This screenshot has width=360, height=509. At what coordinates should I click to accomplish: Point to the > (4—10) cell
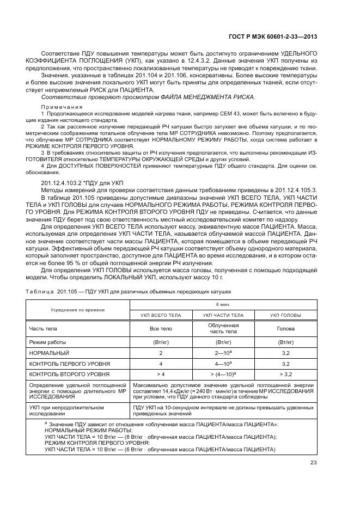(x=223, y=374)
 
